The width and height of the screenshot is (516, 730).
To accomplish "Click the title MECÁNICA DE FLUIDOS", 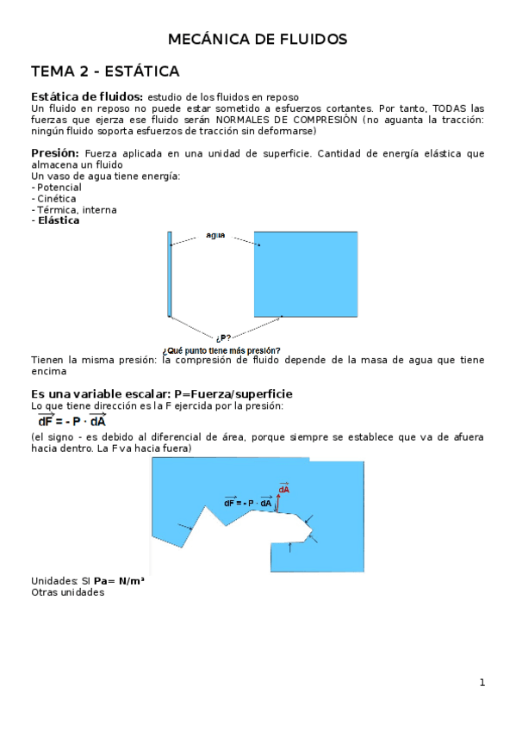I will (258, 40).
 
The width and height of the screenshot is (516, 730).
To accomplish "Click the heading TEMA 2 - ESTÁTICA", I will (105, 71).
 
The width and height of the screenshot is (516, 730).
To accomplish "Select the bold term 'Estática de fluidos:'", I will (87, 96).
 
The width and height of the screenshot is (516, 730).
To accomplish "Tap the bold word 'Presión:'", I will (55, 153).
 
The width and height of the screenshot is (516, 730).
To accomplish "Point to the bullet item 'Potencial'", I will (58, 187).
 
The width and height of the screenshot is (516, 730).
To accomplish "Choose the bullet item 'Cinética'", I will (55, 198).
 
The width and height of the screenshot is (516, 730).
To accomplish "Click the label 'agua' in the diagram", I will (215, 234).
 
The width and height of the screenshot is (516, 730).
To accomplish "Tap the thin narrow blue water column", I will (170, 274).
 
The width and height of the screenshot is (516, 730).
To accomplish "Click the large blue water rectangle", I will (306, 274).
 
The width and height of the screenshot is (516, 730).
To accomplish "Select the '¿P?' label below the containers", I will (223, 338).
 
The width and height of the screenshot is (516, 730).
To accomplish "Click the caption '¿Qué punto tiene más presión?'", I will (221, 350).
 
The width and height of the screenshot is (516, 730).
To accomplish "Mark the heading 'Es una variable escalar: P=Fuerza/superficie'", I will (162, 393).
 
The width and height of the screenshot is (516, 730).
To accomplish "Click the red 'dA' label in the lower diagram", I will (283, 489).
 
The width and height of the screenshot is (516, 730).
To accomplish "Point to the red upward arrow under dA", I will (278, 503).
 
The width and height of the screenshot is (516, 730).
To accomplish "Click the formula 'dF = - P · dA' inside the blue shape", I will (248, 503).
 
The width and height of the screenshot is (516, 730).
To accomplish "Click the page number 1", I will (482, 683).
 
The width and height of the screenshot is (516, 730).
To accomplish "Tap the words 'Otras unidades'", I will (67, 592).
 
